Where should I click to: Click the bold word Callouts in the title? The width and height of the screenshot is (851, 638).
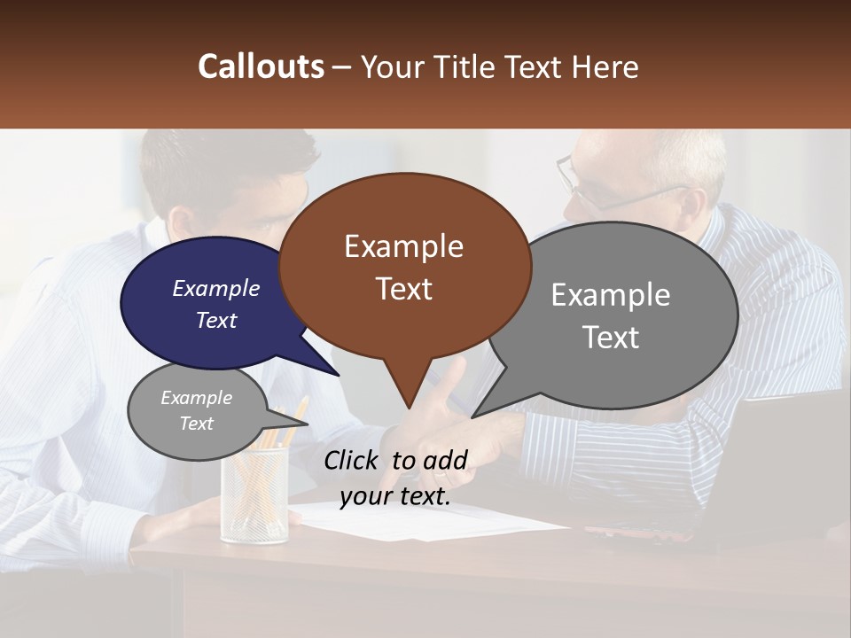[x=261, y=66]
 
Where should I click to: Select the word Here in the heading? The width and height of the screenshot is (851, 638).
[x=603, y=66]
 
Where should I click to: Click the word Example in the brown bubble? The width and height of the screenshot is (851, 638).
[x=403, y=246]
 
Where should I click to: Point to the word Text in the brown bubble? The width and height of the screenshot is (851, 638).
[x=403, y=289]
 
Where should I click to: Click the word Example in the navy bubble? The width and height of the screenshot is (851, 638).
[x=215, y=288]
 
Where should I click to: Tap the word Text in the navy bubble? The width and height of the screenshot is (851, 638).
[x=215, y=320]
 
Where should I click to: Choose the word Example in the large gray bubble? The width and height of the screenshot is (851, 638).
[x=610, y=295]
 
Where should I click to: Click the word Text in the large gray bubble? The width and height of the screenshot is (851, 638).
[x=610, y=338]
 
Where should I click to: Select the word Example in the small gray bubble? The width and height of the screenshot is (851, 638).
[x=196, y=398]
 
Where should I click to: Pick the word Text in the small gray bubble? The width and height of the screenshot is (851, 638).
[x=196, y=424]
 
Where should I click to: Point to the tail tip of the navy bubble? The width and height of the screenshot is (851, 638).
[x=337, y=373]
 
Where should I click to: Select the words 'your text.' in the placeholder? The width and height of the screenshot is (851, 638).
[x=394, y=496]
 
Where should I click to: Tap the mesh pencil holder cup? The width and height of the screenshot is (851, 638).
[x=255, y=496]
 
